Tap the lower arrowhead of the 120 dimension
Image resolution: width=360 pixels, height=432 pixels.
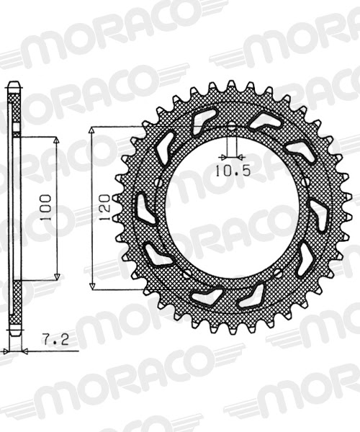(x=93, y=286)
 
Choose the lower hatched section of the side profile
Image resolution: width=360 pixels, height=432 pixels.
(x=14, y=302)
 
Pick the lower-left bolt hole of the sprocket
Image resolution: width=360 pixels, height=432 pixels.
(x=184, y=274)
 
